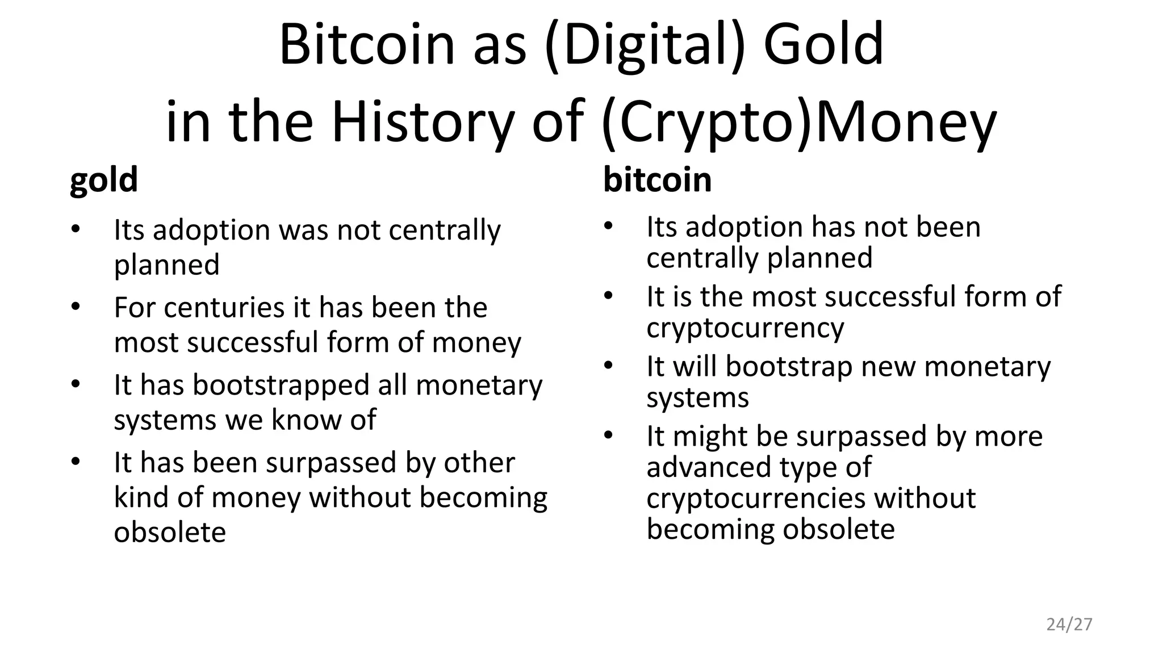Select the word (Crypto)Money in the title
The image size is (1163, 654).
point(798,122)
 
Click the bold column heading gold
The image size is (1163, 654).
point(103,180)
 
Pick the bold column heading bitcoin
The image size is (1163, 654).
point(657,180)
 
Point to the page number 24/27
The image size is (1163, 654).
point(1069,624)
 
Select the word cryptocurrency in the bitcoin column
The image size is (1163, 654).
point(745,328)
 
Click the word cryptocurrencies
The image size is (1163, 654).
point(756,498)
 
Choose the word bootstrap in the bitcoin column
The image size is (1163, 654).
point(789,367)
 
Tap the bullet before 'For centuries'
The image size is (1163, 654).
point(76,307)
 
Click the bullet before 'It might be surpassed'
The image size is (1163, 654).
point(608,435)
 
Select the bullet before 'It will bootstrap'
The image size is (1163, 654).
point(608,366)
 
